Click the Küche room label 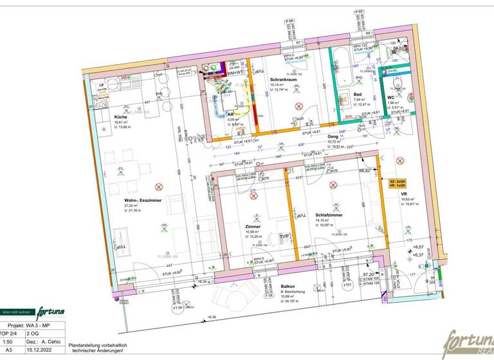pos(103,116)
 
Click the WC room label pos(390,97)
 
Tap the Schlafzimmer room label pos(329,215)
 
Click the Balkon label pos(288,287)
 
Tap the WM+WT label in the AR pos(219,73)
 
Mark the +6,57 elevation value pos(419,246)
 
